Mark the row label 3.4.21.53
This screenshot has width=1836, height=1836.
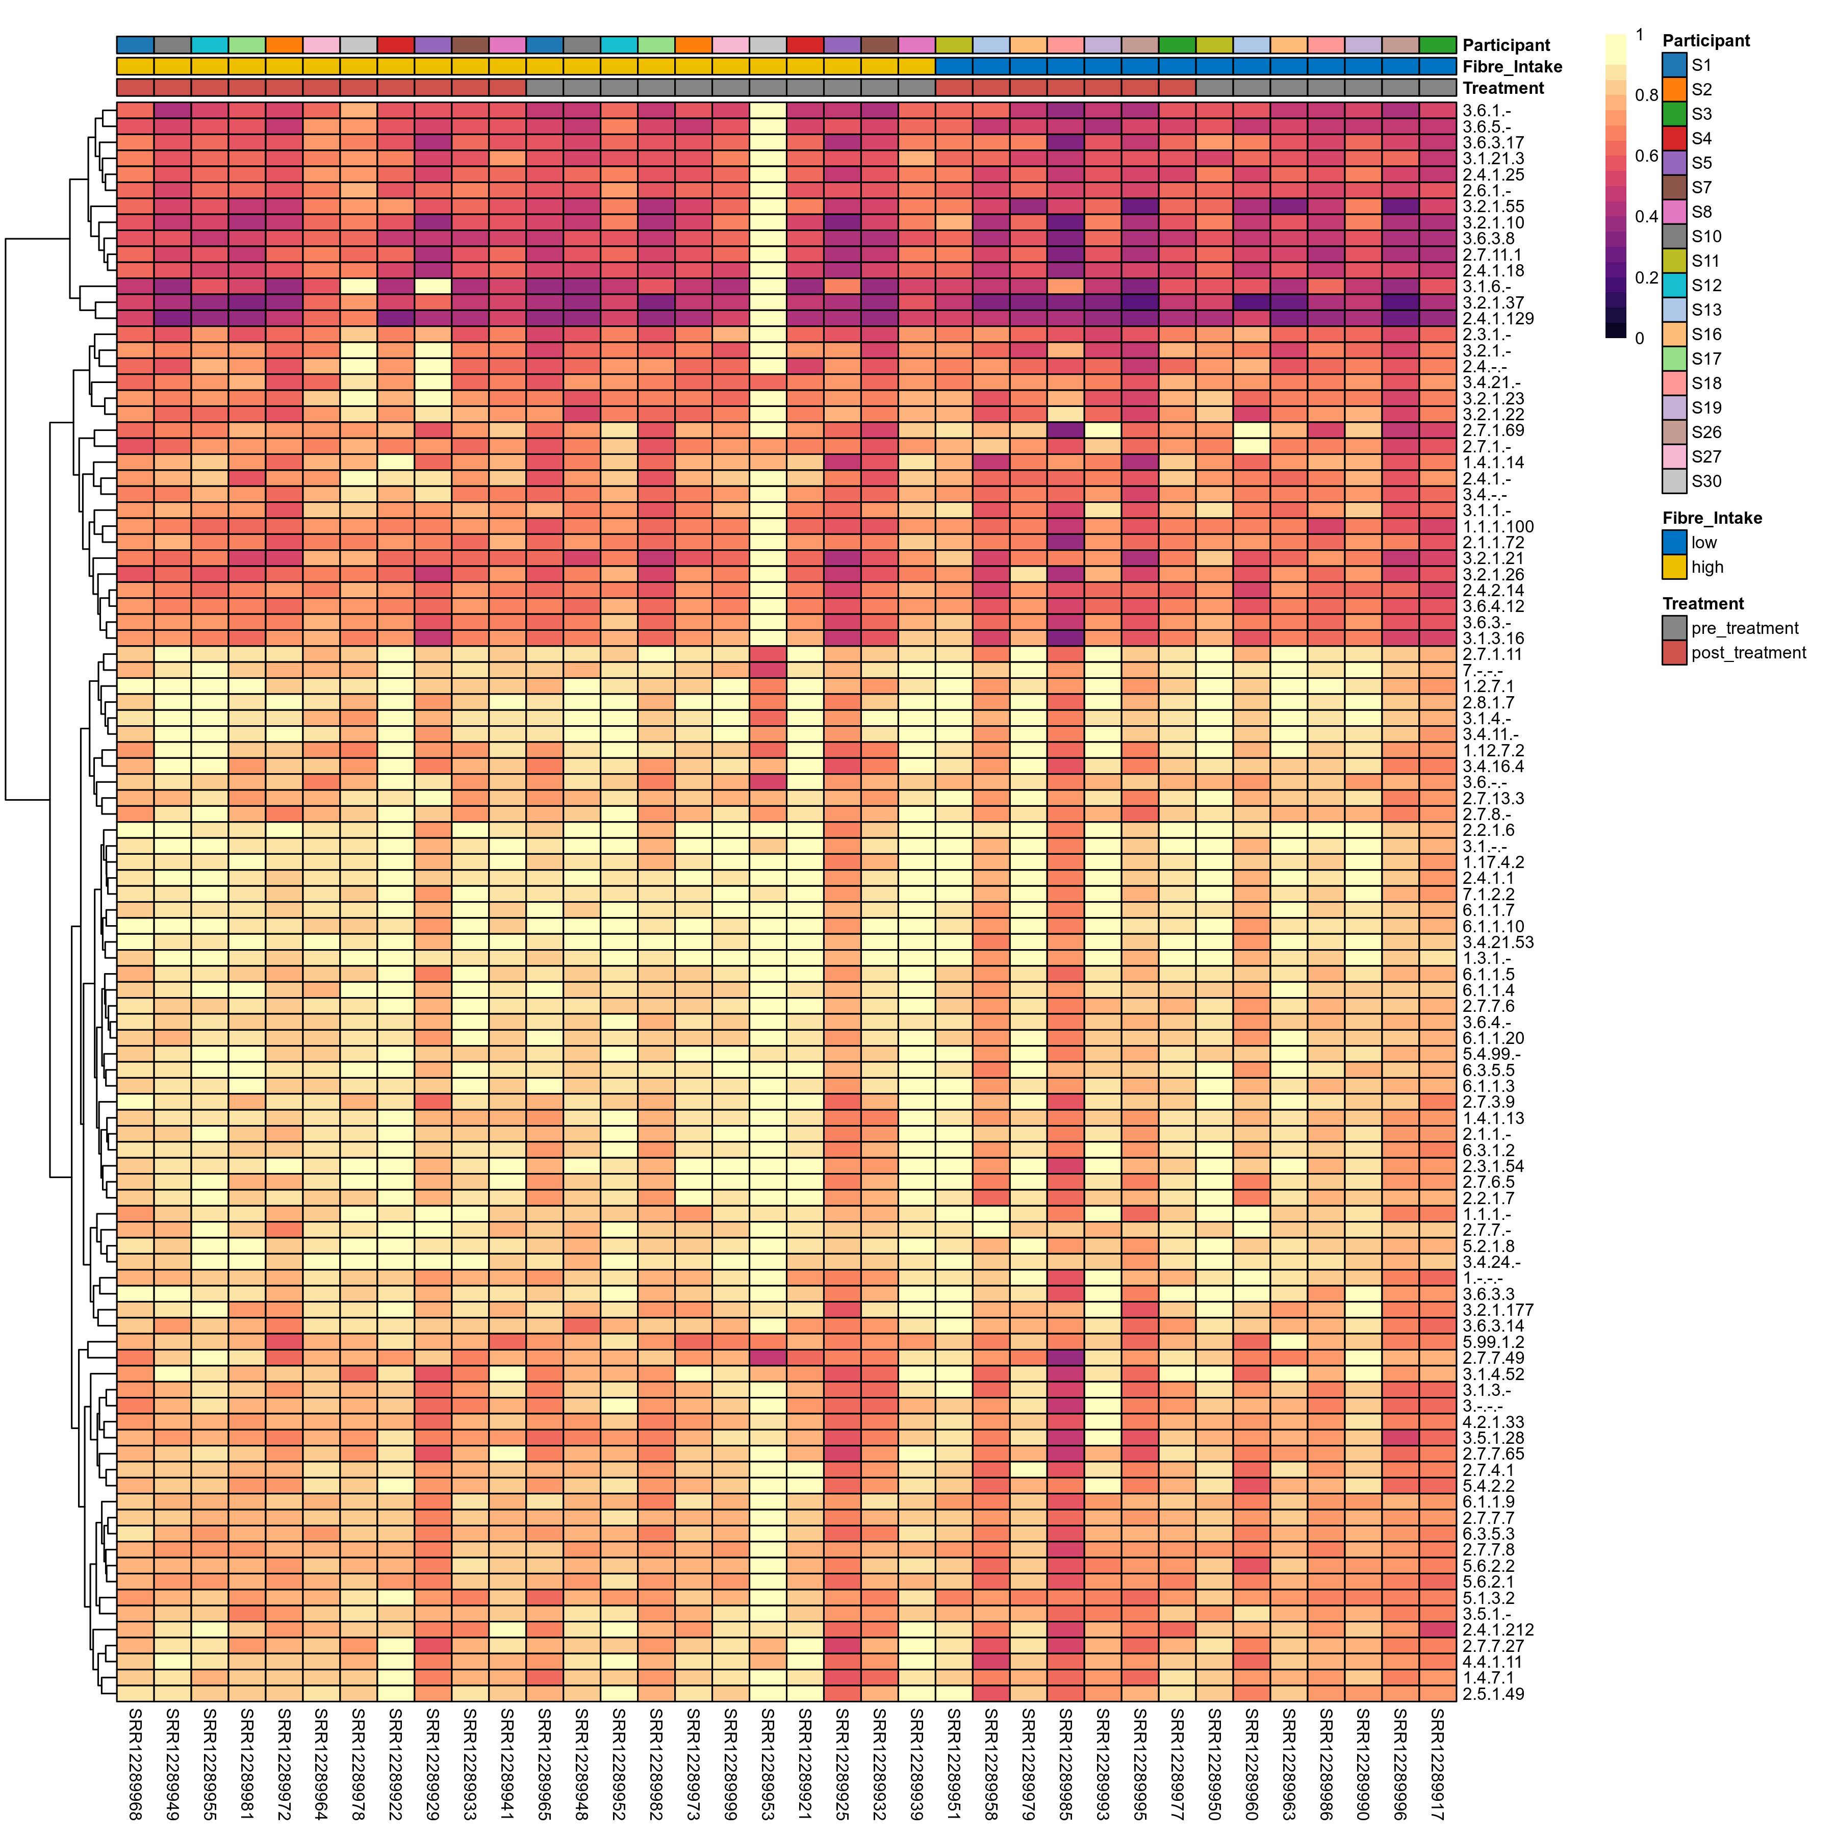coord(1498,942)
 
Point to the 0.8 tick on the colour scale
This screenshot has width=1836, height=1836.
coord(1646,95)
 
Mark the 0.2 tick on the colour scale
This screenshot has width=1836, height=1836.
coord(1646,277)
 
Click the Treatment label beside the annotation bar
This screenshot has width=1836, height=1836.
coord(1502,88)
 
